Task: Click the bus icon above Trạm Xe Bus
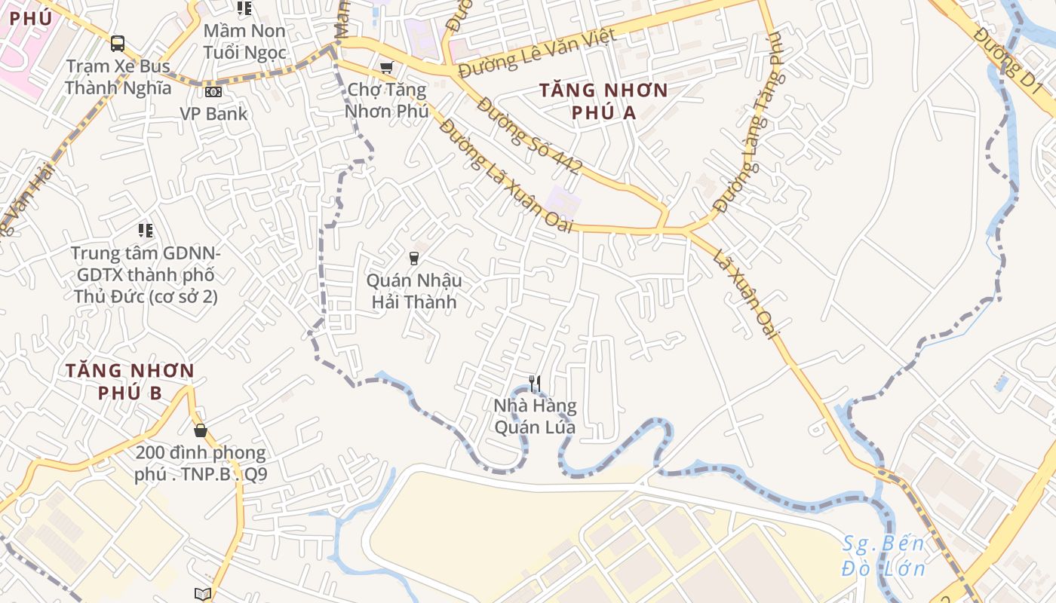(118, 44)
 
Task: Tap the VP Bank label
(213, 114)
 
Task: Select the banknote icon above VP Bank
(213, 92)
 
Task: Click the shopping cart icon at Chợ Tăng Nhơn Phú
(387, 68)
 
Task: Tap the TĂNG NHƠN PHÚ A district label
(603, 102)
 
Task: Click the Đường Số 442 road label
(528, 136)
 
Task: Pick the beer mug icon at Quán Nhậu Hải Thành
(413, 259)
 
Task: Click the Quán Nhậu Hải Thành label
(413, 292)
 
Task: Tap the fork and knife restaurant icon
(535, 384)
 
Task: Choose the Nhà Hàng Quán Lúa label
(535, 417)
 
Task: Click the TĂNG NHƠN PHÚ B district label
(130, 381)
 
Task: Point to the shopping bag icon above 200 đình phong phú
(201, 430)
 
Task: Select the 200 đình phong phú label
(201, 464)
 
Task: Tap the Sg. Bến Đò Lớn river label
(883, 556)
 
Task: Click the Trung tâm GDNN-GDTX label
(146, 274)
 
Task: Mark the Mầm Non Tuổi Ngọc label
(244, 41)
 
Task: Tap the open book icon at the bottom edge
(202, 594)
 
